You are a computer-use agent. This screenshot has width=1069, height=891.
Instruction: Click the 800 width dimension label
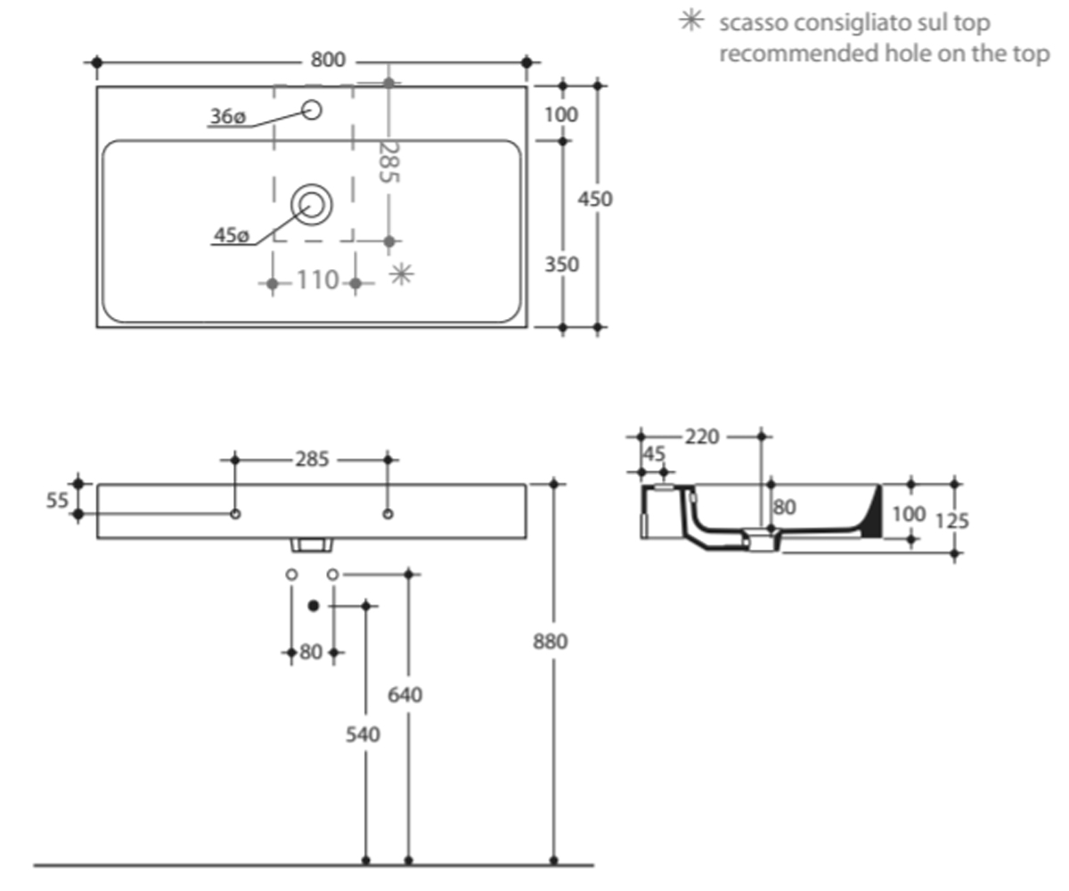pyautogui.click(x=328, y=60)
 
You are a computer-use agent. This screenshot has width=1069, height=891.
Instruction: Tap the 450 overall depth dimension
pyautogui.click(x=595, y=199)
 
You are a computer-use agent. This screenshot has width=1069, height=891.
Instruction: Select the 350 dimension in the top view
pyautogui.click(x=561, y=265)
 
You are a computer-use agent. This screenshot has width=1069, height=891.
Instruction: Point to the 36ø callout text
pyautogui.click(x=228, y=117)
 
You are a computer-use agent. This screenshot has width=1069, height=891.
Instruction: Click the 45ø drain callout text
pyautogui.click(x=232, y=235)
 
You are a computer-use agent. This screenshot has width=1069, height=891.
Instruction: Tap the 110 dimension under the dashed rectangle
pyautogui.click(x=317, y=280)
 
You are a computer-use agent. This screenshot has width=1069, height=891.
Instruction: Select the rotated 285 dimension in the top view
pyautogui.click(x=388, y=162)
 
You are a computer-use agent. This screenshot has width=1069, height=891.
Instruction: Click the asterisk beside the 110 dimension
pyautogui.click(x=402, y=274)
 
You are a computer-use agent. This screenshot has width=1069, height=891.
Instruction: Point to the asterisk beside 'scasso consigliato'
pyautogui.click(x=691, y=21)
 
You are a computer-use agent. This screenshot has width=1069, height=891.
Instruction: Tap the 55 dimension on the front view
pyautogui.click(x=57, y=500)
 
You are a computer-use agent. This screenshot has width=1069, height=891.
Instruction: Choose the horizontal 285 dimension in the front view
pyautogui.click(x=312, y=460)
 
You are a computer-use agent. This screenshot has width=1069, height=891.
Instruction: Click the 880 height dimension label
pyautogui.click(x=551, y=642)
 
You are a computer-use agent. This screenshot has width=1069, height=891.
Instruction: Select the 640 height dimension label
pyautogui.click(x=405, y=695)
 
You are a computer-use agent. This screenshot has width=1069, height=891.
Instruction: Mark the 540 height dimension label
pyautogui.click(x=363, y=735)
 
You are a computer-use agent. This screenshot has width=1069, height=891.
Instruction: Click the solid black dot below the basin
pyautogui.click(x=314, y=606)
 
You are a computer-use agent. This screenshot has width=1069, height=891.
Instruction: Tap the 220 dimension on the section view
pyautogui.click(x=702, y=437)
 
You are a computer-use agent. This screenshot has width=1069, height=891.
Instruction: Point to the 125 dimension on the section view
pyautogui.click(x=952, y=520)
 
